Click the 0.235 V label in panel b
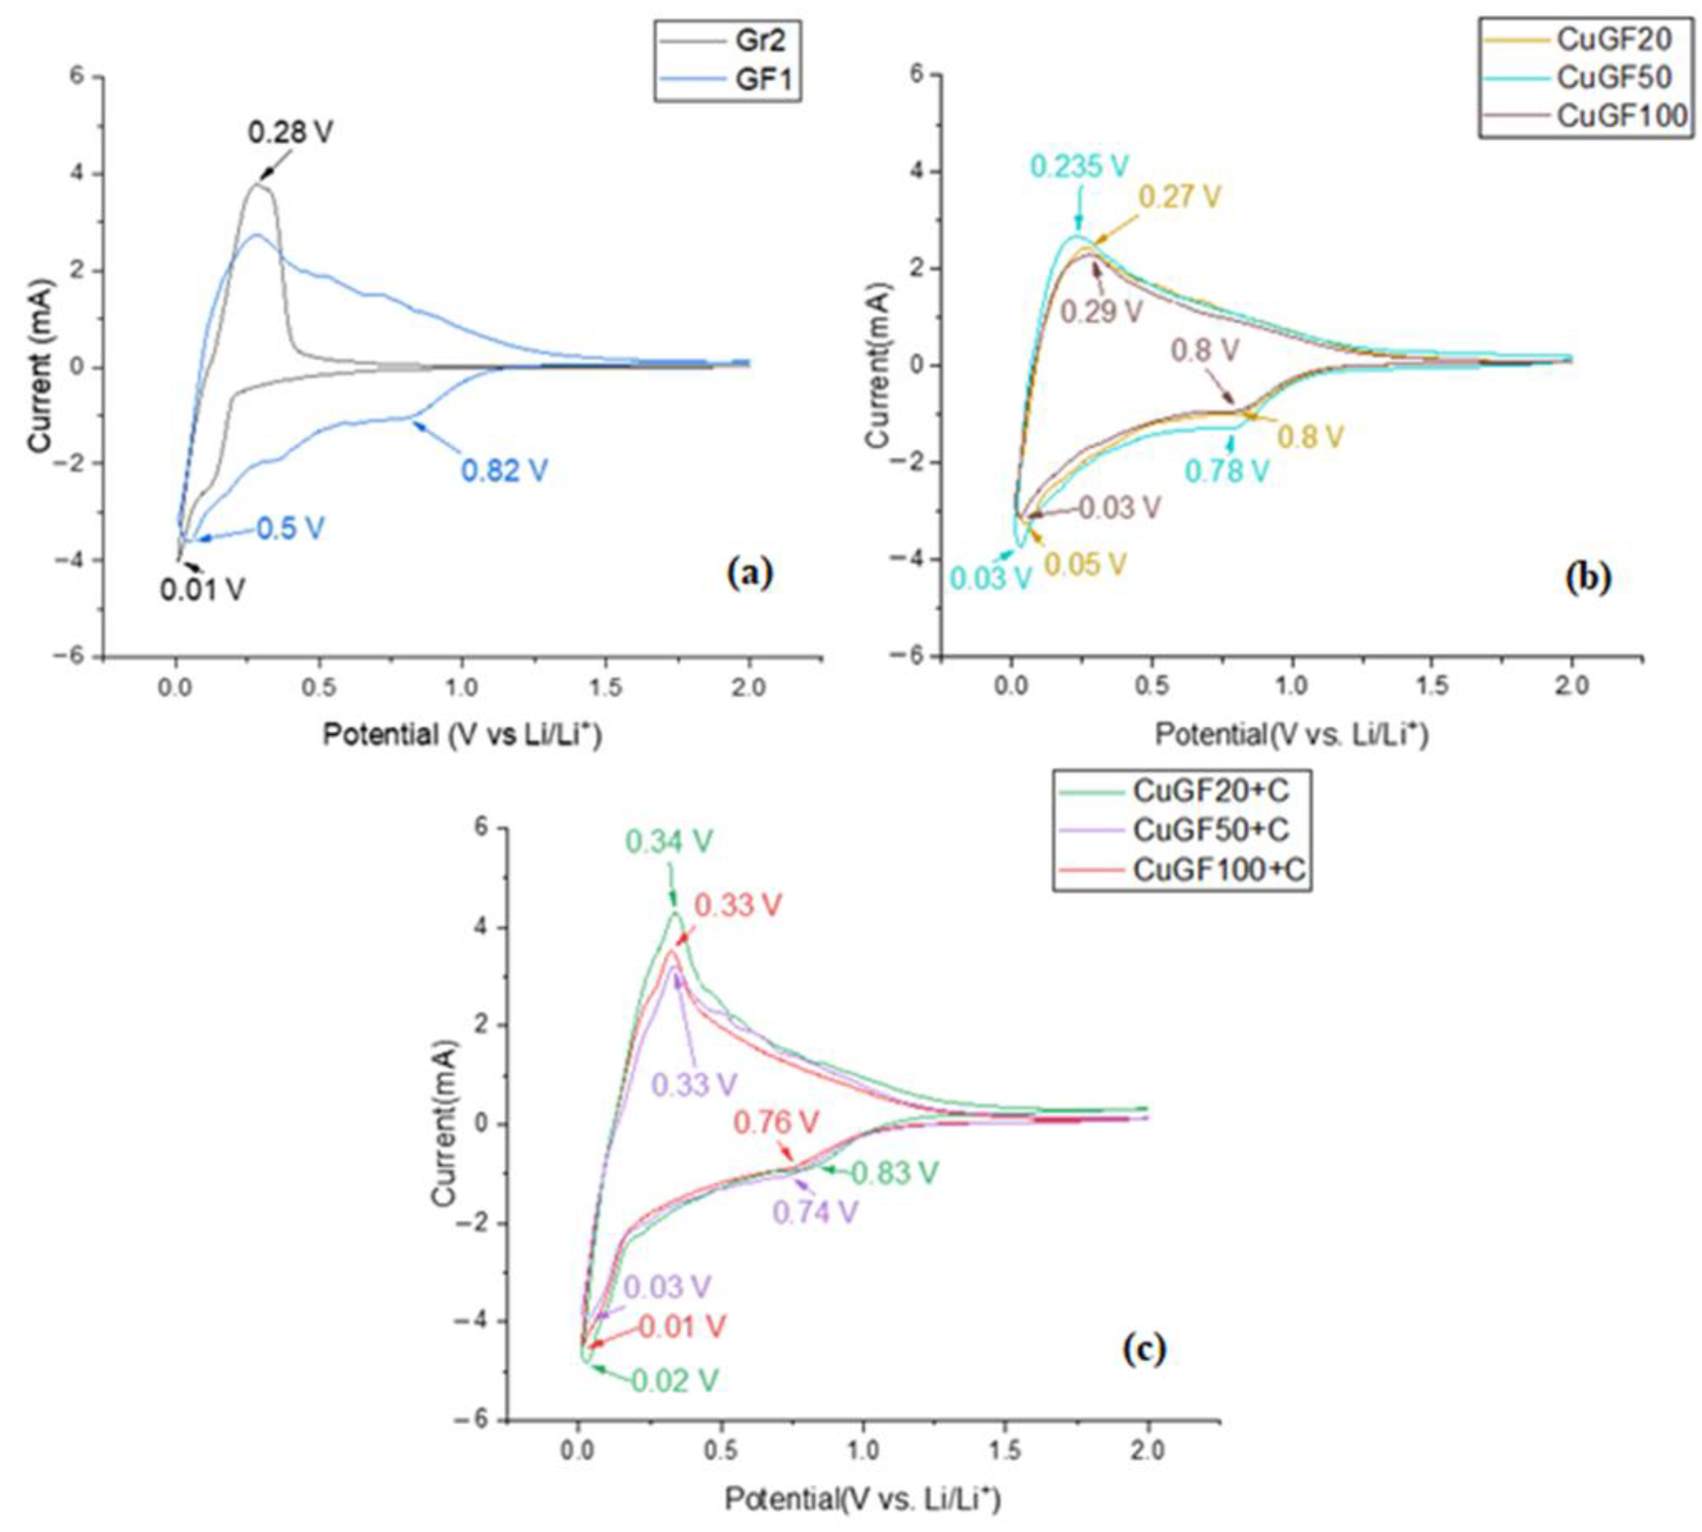[1078, 166]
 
